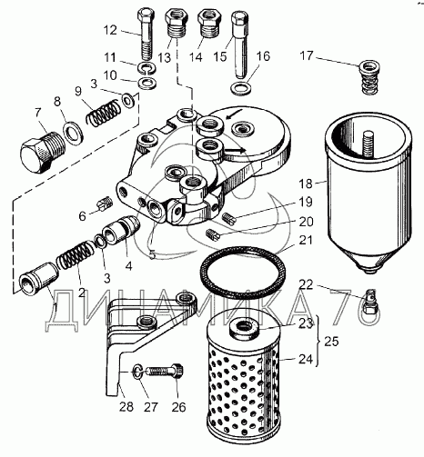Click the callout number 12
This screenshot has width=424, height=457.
[110, 30]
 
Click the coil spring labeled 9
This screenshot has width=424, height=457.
[103, 113]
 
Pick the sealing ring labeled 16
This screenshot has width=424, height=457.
[241, 88]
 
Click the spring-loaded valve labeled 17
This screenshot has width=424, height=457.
[369, 77]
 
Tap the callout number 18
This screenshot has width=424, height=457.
[305, 184]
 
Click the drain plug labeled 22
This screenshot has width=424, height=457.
[370, 302]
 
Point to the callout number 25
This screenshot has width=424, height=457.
[331, 342]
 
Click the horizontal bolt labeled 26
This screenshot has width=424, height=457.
[165, 371]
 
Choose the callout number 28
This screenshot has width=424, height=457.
[126, 406]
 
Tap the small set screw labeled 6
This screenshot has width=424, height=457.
[105, 205]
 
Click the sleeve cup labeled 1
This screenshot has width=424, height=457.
[39, 278]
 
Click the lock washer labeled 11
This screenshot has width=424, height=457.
[146, 69]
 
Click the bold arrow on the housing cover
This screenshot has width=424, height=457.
[235, 150]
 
